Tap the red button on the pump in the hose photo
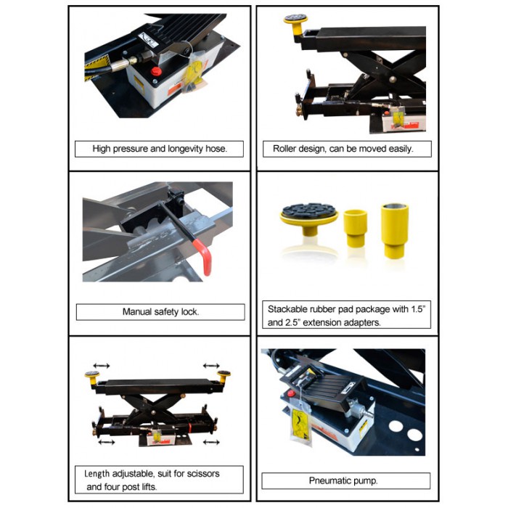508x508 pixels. [x=156, y=71]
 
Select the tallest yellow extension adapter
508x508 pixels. [x=395, y=231]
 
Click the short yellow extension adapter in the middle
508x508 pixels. [x=356, y=229]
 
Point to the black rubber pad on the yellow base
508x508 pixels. [x=309, y=210]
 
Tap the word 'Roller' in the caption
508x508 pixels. [x=283, y=149]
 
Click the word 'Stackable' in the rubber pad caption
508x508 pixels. [x=287, y=309]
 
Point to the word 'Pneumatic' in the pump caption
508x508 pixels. [x=328, y=480]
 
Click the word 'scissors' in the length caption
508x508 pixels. [x=205, y=474]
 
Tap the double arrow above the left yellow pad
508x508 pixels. [x=101, y=366]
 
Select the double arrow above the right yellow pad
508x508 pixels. [x=211, y=366]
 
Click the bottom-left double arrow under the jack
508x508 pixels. [x=106, y=442]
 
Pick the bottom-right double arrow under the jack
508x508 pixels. [x=211, y=442]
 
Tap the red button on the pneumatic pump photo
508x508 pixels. [x=291, y=393]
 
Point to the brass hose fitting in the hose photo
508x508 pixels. [x=132, y=60]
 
